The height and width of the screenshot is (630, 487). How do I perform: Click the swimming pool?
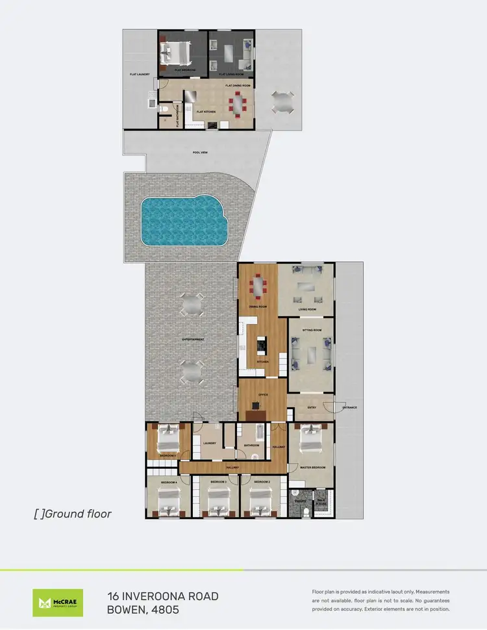[x=183, y=221]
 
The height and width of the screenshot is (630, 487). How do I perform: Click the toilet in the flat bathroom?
[x=166, y=110]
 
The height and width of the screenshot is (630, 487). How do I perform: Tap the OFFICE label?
[x=262, y=394]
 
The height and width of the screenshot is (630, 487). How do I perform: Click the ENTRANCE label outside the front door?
[x=349, y=407]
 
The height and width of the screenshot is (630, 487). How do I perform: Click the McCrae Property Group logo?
[x=58, y=602]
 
